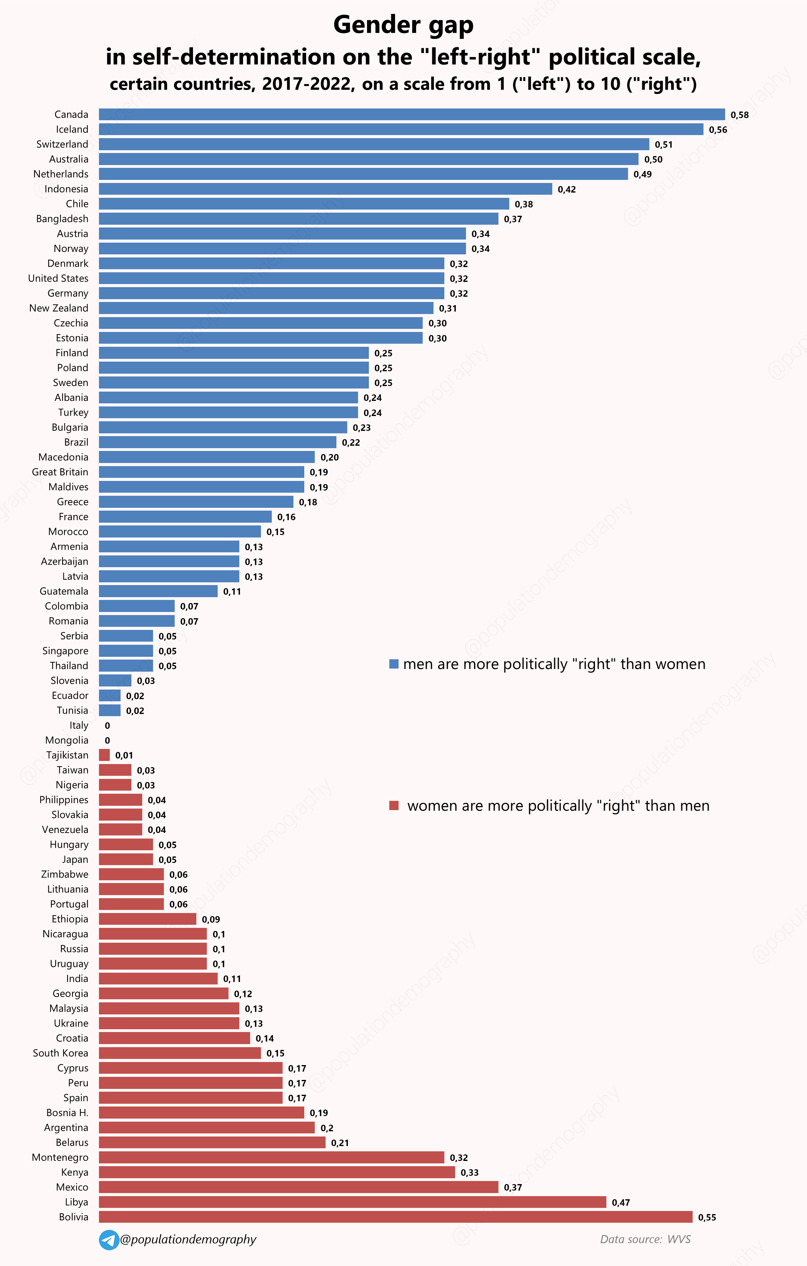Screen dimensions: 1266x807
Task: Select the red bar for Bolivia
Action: pyautogui.click(x=395, y=1217)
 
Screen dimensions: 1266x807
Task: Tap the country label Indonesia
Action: pyautogui.click(x=66, y=189)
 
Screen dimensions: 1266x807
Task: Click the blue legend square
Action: pyautogui.click(x=394, y=664)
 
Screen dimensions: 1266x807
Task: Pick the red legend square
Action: pyautogui.click(x=394, y=805)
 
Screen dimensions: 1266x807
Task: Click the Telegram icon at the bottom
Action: pyautogui.click(x=109, y=1240)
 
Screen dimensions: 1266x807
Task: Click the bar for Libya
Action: pyautogui.click(x=352, y=1202)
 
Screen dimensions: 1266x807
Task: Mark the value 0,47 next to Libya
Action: pyautogui.click(x=621, y=1202)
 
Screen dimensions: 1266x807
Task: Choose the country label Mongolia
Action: pyautogui.click(x=67, y=740)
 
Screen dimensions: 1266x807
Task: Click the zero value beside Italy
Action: pyautogui.click(x=107, y=725)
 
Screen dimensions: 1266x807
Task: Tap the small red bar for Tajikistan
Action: pyautogui.click(x=104, y=755)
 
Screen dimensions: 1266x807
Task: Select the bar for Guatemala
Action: pyautogui.click(x=158, y=591)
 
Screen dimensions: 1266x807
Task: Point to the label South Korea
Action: pyautogui.click(x=61, y=1053)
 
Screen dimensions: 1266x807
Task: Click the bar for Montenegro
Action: pyautogui.click(x=271, y=1157)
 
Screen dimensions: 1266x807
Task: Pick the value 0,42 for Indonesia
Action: pyautogui.click(x=566, y=189)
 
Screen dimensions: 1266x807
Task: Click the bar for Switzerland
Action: pyautogui.click(x=374, y=144)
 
